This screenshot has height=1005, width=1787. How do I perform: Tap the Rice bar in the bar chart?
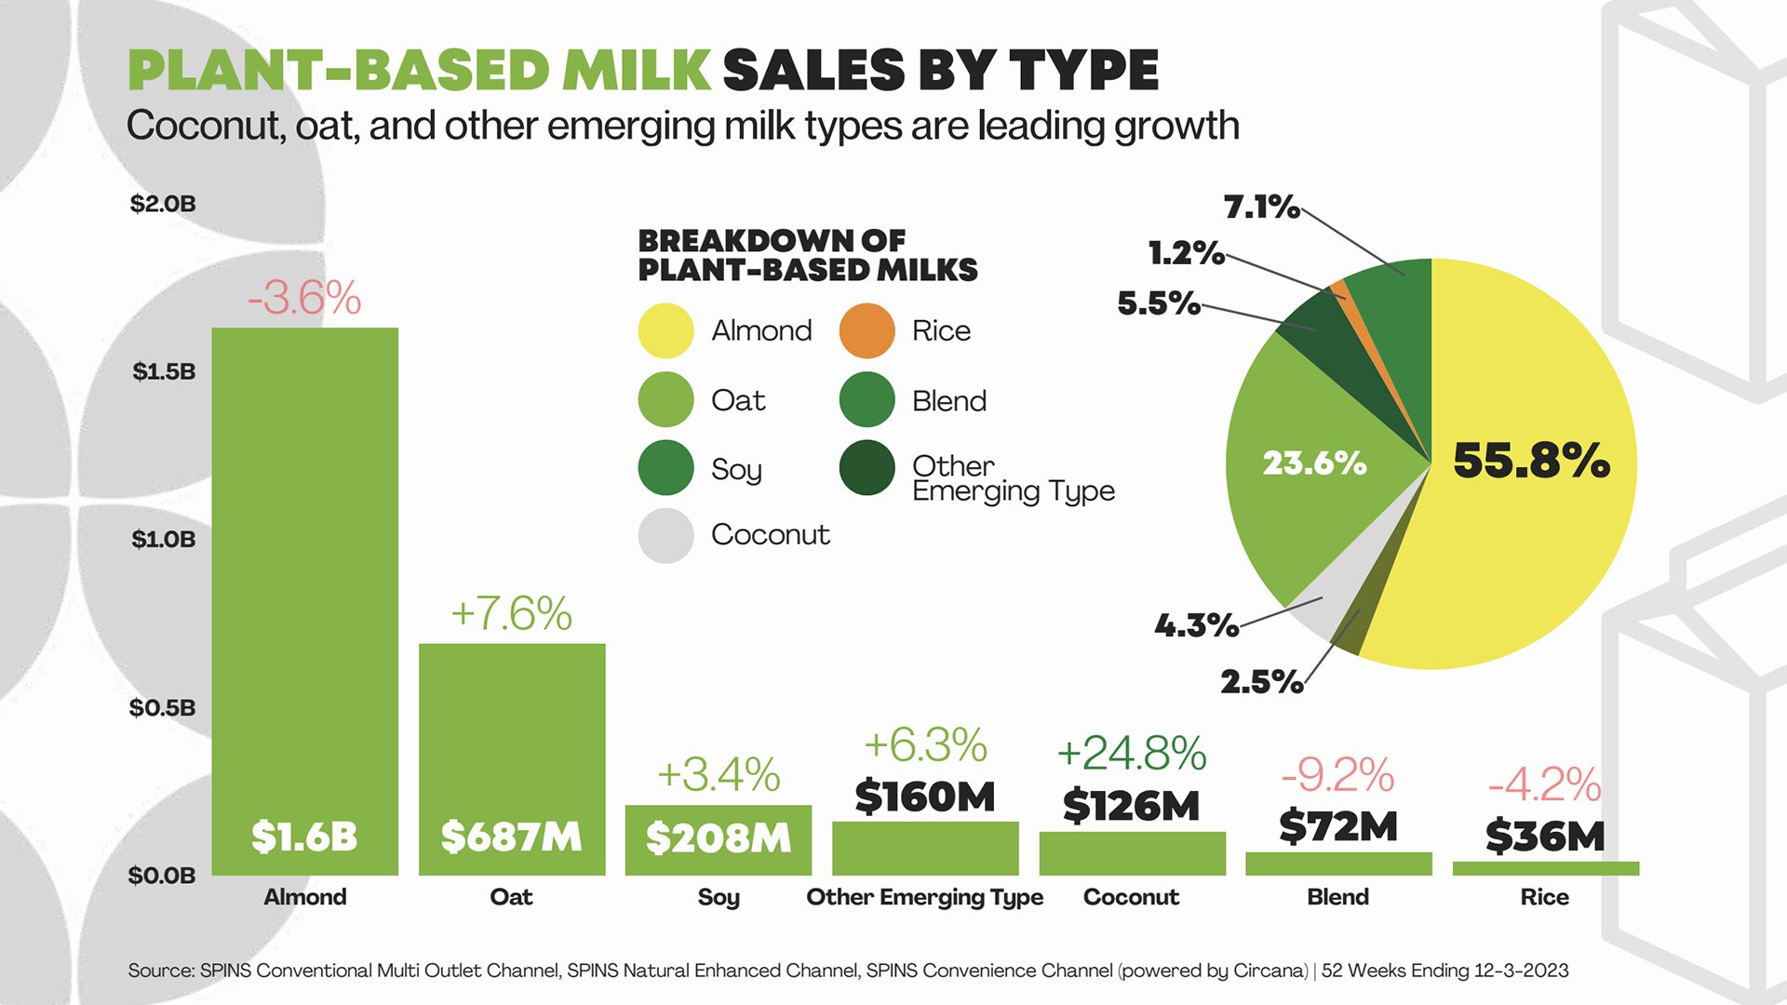tap(1545, 868)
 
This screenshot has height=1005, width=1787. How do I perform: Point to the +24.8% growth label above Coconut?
tap(1131, 753)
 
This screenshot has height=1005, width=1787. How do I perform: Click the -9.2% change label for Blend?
tap(1337, 774)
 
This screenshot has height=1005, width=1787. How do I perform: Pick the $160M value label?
tap(924, 797)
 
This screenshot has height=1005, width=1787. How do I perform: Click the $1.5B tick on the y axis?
tap(164, 371)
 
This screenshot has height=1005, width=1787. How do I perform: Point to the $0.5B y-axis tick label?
tap(163, 707)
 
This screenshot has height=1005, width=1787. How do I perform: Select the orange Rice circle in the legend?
tap(867, 330)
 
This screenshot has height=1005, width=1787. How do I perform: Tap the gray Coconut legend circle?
tap(665, 535)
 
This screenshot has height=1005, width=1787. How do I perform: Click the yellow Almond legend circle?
tap(665, 330)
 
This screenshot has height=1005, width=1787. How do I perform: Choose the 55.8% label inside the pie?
tap(1531, 461)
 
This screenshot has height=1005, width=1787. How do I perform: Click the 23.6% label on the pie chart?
tap(1313, 462)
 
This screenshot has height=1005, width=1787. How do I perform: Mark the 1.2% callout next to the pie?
tap(1186, 252)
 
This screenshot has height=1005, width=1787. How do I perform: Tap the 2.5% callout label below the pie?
tap(1261, 681)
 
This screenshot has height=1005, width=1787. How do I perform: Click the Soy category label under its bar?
tap(718, 897)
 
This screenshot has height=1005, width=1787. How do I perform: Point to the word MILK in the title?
tap(637, 71)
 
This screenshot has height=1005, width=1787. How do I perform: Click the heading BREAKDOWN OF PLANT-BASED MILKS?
tap(807, 255)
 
